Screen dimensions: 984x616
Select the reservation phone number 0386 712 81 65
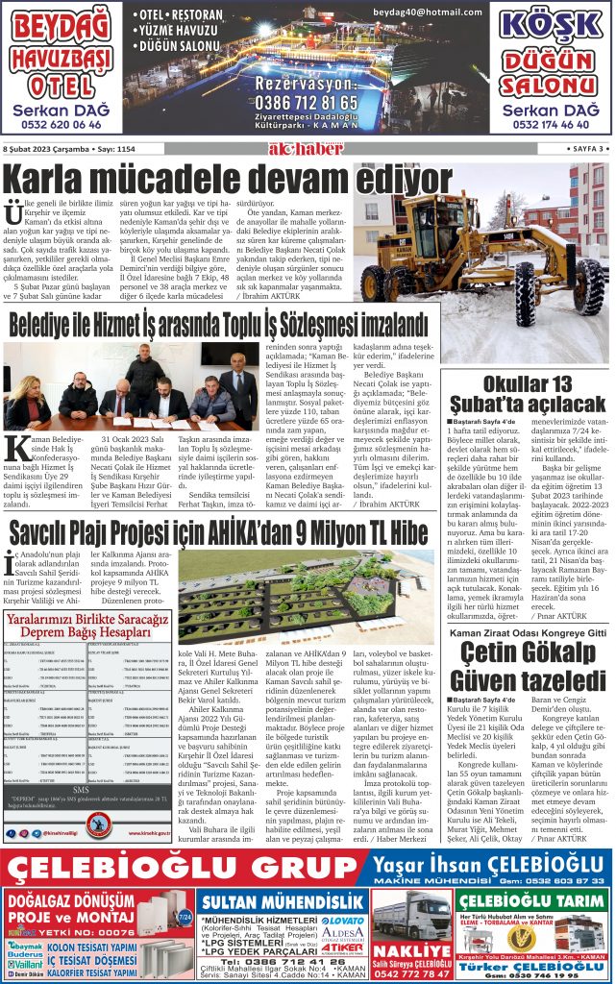(x=308, y=103)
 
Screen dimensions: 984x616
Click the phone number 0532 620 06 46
(x=62, y=125)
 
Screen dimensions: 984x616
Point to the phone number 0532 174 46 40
(x=553, y=125)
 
